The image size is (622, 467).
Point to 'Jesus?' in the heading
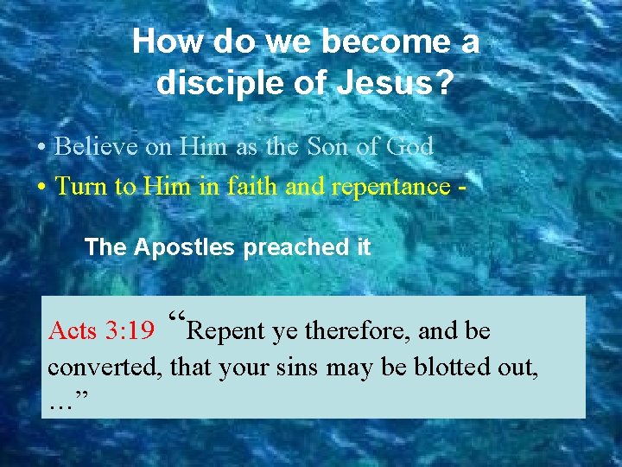(x=403, y=83)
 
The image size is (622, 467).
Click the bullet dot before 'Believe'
(x=42, y=147)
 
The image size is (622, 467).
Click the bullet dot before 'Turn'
(x=42, y=186)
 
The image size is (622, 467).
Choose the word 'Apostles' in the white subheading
(x=184, y=247)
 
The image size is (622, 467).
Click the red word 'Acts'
(x=73, y=330)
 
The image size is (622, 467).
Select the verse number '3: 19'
(x=129, y=330)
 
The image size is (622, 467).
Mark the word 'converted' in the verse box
(x=105, y=367)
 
